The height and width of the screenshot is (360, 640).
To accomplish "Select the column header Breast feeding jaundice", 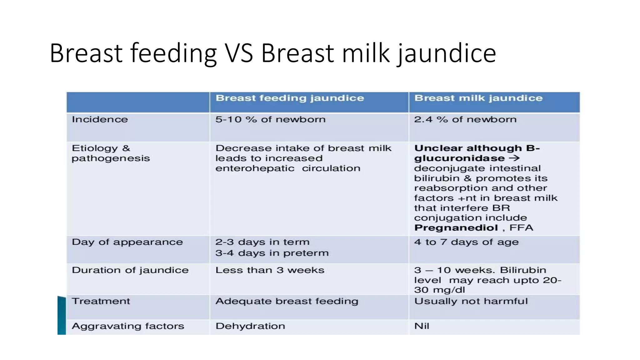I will pos(290,98).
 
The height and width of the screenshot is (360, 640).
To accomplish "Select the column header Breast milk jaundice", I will pos(478,98).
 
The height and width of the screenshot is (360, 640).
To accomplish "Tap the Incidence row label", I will pos(100,119).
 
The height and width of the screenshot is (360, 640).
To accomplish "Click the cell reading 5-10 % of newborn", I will pos(270,119).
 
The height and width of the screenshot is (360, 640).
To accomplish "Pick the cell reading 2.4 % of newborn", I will pos(465,119).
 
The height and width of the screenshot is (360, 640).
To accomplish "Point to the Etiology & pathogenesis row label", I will pos(110,153).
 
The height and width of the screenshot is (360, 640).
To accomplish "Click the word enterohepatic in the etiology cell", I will pos(255,168).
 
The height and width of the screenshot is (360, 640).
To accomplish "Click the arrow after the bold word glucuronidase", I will pos(514,158).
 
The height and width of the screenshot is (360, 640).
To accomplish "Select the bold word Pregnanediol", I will pos(456,228).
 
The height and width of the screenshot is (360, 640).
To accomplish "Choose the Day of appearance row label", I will pos(127,242).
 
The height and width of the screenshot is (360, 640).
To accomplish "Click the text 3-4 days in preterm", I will pos(272,253).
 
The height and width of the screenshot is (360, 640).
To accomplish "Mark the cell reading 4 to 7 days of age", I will pos(466,242).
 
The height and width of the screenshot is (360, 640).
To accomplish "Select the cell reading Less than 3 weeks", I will pos(270,270).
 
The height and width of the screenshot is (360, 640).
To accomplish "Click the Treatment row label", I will pos(101,301).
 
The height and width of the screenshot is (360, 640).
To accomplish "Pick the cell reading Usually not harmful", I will pos(471,301).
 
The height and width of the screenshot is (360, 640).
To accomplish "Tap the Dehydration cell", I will pos(250,326).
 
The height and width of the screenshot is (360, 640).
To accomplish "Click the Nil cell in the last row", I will pos(422,326).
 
